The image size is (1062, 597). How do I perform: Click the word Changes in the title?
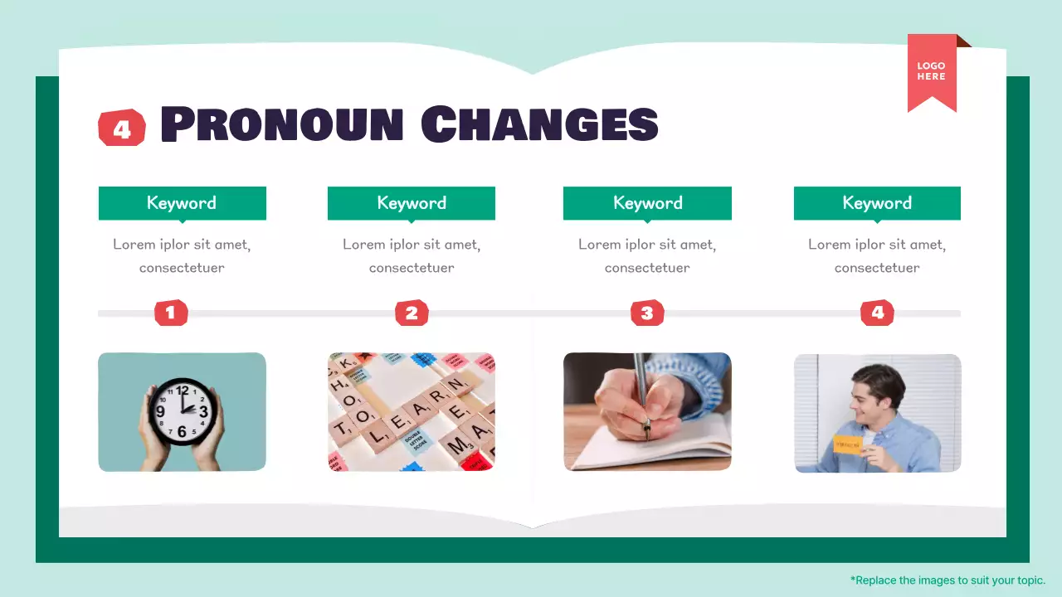point(539,124)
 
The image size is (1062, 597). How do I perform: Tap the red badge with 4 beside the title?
point(122,129)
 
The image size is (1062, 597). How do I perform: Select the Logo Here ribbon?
point(932,72)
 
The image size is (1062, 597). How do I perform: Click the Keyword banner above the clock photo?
point(182,203)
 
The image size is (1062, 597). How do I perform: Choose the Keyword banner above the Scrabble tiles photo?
point(412,203)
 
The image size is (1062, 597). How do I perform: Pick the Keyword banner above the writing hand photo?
point(647,203)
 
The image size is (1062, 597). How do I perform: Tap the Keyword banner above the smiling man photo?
point(877,203)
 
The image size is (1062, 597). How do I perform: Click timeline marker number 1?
point(171,313)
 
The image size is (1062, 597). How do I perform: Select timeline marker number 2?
point(412,313)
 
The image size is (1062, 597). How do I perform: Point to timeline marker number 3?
point(647,313)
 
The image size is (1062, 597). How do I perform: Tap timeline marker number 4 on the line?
point(877,313)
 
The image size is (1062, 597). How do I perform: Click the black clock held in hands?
point(183,410)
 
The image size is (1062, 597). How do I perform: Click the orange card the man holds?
point(848,444)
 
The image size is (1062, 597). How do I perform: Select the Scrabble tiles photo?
point(412,412)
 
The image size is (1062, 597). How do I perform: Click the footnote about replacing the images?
point(948,580)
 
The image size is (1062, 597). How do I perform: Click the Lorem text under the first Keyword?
point(182,255)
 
